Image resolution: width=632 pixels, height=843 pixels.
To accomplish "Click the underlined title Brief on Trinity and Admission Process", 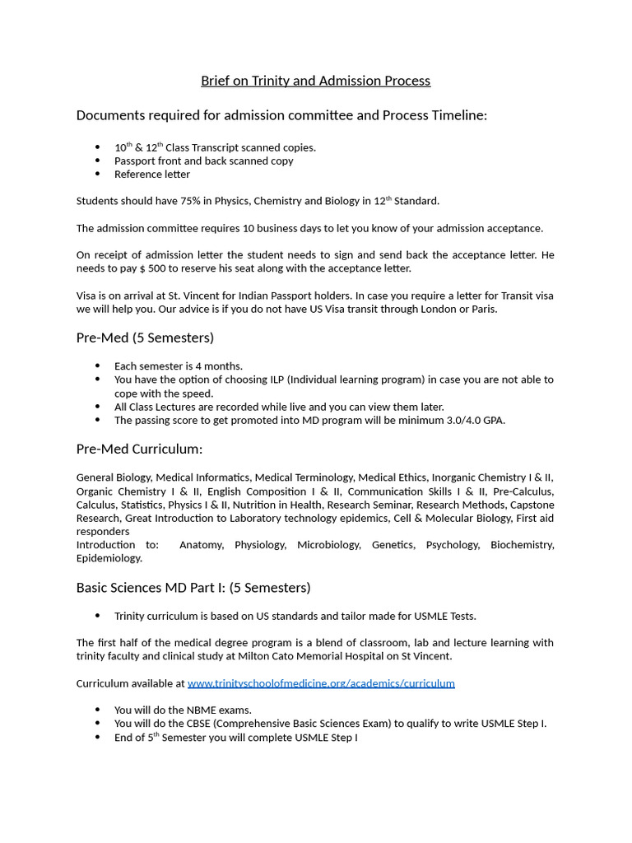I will point(315,81).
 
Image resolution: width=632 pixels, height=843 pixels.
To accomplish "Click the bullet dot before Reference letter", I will point(98,175).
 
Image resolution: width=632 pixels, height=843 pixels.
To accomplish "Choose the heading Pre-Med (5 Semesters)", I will point(145,338).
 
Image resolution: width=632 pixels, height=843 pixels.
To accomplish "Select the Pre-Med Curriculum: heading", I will point(139,449).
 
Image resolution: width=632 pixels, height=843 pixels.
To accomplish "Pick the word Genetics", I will point(393,545).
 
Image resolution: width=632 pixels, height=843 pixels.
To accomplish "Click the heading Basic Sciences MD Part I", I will point(193,588).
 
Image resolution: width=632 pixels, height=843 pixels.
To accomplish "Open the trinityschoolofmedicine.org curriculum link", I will point(321,683).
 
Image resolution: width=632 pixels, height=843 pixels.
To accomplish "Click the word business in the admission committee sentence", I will point(255,228).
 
